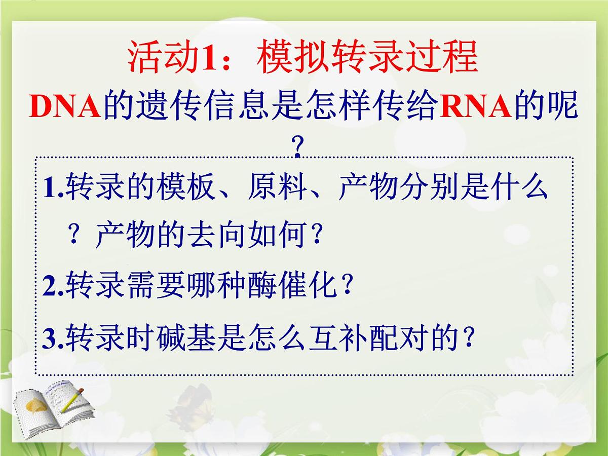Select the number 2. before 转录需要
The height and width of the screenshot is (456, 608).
tap(53, 288)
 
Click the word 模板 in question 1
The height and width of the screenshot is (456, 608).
tap(186, 188)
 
